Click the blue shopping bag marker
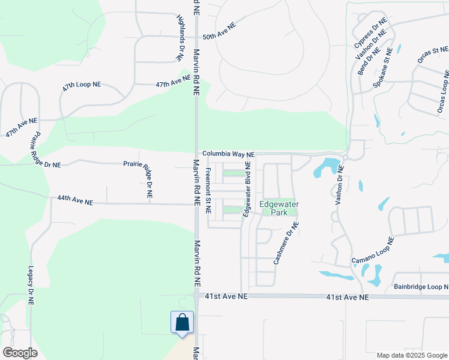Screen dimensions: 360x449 click(x=182, y=322)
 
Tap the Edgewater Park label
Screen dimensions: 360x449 click(x=279, y=208)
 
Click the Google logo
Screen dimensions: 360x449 click(x=20, y=352)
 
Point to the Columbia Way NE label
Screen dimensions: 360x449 click(x=228, y=154)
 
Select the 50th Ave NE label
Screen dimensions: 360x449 click(x=219, y=31)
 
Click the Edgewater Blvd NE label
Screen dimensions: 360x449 click(x=246, y=189)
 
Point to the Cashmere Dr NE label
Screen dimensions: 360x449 click(x=286, y=243)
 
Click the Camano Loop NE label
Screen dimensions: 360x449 click(x=372, y=252)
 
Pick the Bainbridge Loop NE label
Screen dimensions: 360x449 click(x=421, y=287)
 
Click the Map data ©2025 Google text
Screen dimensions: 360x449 click(x=411, y=355)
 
